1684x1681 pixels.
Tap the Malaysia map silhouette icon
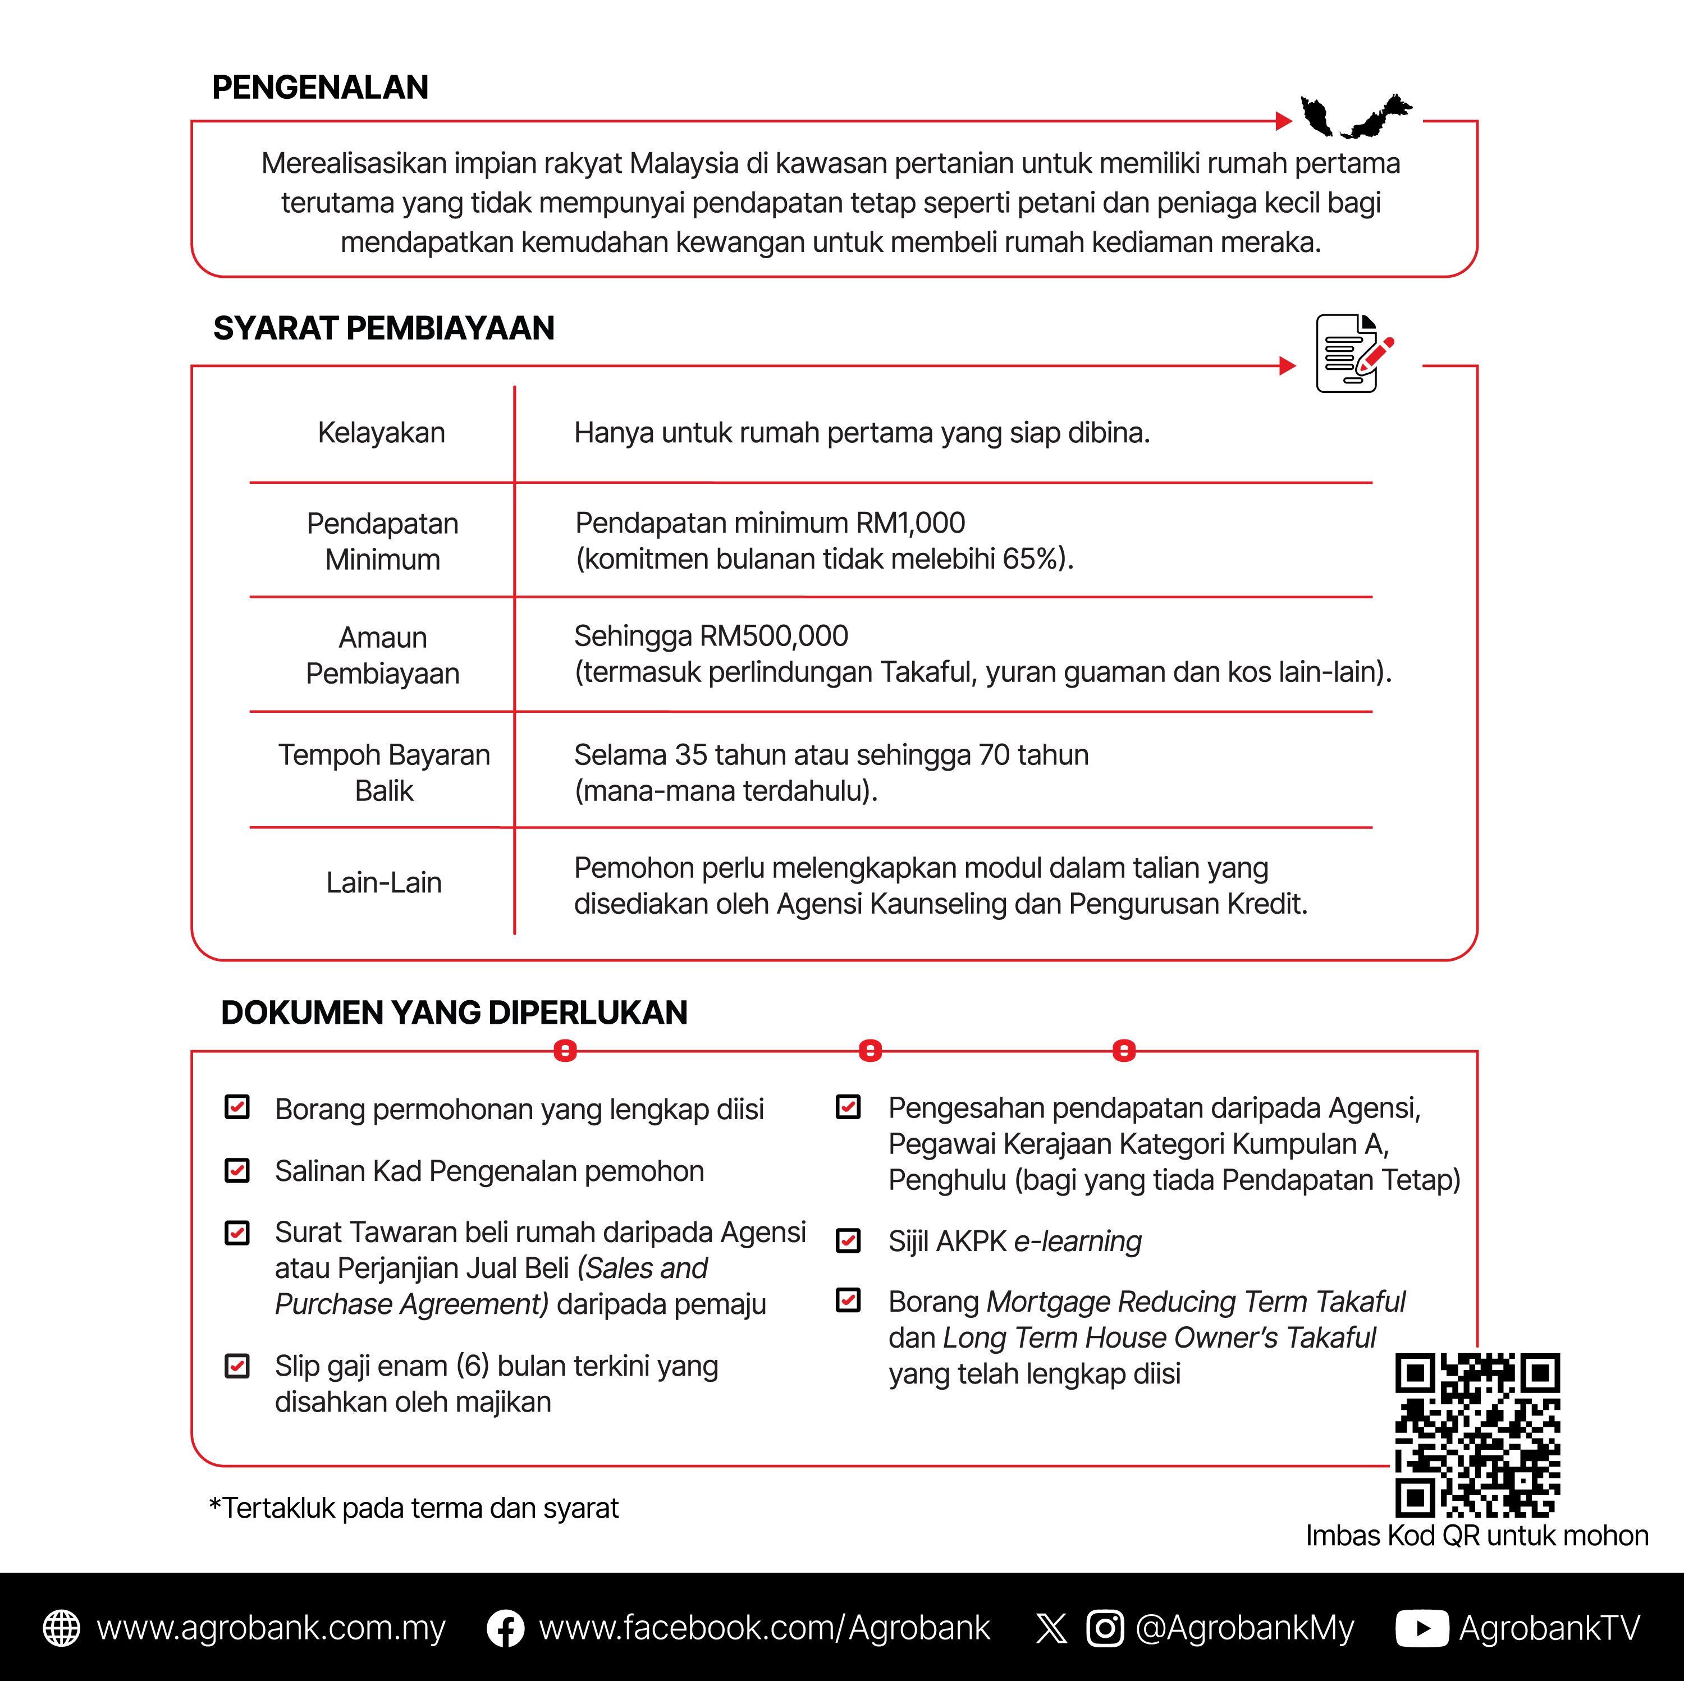pyautogui.click(x=1356, y=116)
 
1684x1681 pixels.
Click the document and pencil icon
pyautogui.click(x=1353, y=354)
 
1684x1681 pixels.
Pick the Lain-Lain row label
pyautogui.click(x=383, y=883)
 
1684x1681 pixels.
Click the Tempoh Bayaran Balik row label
pyautogui.click(x=383, y=772)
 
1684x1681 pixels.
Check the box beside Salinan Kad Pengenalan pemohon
pyautogui.click(x=237, y=1170)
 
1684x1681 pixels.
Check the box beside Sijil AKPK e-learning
pyautogui.click(x=848, y=1240)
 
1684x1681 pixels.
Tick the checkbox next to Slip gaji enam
pyautogui.click(x=237, y=1366)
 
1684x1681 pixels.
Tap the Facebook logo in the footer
pyautogui.click(x=506, y=1628)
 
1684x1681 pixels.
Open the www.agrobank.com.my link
pyautogui.click(x=271, y=1628)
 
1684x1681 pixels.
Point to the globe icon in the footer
pyautogui.click(x=62, y=1628)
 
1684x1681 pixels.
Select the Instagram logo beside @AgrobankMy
pyautogui.click(x=1104, y=1628)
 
